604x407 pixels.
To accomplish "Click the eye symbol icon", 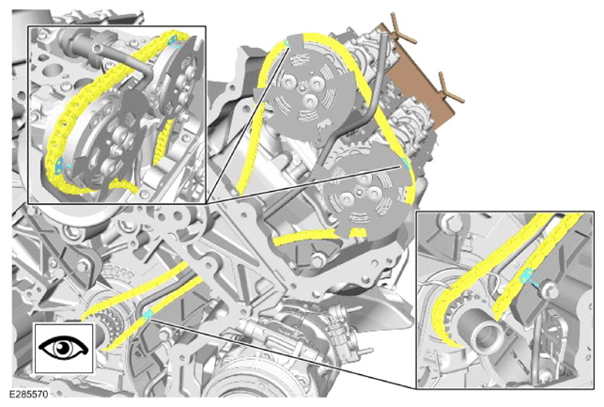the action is [64, 348].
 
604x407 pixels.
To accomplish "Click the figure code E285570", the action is [29, 394].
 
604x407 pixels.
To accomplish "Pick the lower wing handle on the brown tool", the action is [452, 87].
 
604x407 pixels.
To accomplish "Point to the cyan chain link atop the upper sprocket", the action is [286, 42].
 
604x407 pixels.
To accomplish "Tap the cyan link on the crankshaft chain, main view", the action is [147, 315].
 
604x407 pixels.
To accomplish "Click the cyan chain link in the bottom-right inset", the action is [526, 275].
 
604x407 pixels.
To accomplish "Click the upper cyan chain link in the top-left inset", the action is [172, 39].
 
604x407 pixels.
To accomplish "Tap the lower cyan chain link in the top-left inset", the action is [58, 164].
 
